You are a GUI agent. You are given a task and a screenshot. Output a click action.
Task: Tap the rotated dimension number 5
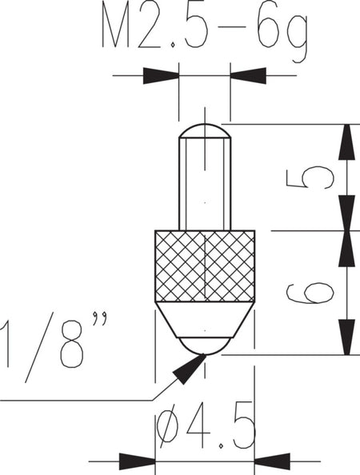[x=310, y=178]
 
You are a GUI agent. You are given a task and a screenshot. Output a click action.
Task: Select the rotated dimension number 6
[x=310, y=293]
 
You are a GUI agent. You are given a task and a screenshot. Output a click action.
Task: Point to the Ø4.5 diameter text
[x=205, y=426]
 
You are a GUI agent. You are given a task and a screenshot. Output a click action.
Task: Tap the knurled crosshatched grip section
[x=205, y=266]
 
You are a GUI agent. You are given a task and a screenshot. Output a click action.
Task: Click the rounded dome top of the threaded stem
[x=205, y=131]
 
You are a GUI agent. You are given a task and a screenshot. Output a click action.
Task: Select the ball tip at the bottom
[x=205, y=346]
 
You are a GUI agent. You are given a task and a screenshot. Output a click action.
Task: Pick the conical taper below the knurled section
[x=205, y=320]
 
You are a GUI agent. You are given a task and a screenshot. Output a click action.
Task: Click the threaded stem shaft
[x=205, y=184]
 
